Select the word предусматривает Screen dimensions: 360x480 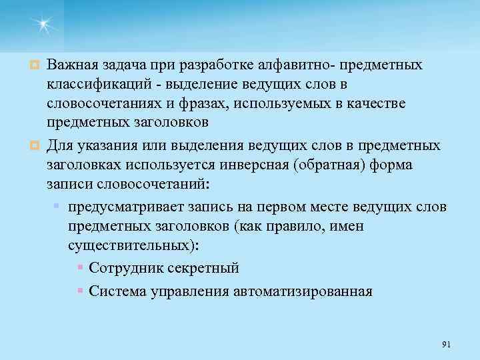(124, 207)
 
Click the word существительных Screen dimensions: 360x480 (132, 245)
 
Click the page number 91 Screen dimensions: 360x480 (447, 344)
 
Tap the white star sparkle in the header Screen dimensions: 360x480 (43, 24)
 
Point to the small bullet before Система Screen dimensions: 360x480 (80, 291)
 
